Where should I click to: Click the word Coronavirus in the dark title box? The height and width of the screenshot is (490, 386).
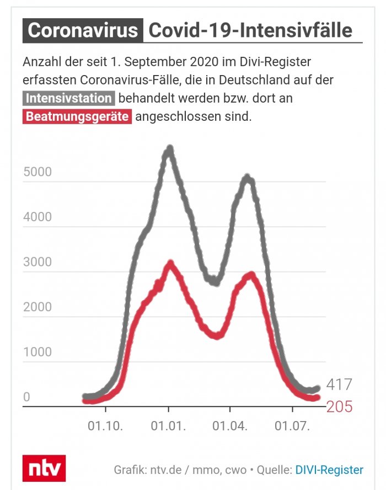coord(83,30)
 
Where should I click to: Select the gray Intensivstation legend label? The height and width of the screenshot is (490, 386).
coord(69,99)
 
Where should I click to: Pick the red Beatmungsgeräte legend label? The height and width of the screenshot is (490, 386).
coord(77,117)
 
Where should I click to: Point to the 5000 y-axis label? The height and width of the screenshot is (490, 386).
coord(37,172)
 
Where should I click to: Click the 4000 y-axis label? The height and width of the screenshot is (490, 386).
coord(37,217)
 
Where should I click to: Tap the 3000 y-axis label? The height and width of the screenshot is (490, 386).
coord(37,262)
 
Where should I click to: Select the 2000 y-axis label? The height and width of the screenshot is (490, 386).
coord(37,307)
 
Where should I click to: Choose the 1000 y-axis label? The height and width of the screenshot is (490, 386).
coord(37,352)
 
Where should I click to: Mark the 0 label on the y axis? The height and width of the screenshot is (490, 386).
coord(26,397)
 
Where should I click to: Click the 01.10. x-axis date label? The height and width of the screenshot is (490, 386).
coord(106,426)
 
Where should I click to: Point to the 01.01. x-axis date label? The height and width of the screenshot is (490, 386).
coord(169,426)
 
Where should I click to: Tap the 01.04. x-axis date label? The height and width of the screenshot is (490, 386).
coord(230,426)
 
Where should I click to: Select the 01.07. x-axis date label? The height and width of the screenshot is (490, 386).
coord(292,426)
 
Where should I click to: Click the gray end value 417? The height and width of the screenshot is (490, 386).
coord(339,385)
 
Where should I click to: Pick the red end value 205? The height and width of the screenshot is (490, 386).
coord(339,407)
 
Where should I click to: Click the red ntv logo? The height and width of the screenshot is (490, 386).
coord(44,468)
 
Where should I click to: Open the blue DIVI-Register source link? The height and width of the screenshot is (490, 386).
coord(329,470)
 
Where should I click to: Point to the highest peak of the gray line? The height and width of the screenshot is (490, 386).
coord(170,148)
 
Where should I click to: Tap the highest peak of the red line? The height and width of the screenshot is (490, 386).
coord(170,264)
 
